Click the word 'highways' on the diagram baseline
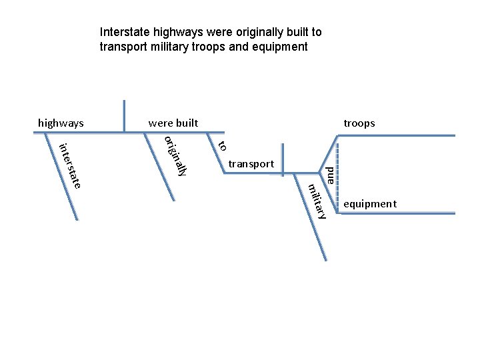pos(61,123)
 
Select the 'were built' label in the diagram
pos(173,123)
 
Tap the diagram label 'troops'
pos(359,123)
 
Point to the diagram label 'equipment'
pos(369,203)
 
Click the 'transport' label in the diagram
pos(251,163)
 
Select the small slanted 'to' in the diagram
pos(223,145)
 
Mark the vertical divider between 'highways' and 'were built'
pos(124,116)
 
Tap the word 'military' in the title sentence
pos(163,47)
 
